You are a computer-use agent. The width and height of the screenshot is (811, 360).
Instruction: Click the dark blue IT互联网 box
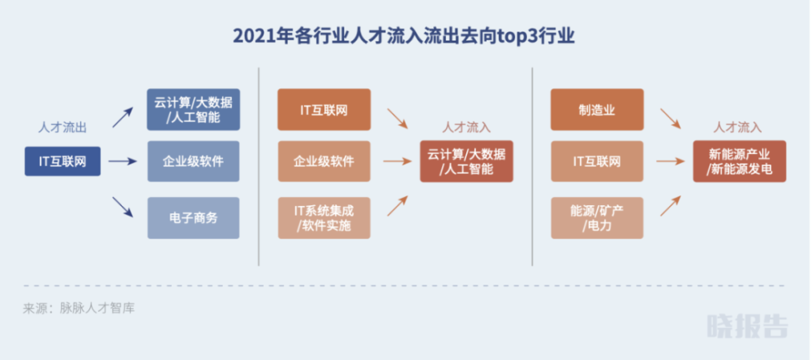(62, 161)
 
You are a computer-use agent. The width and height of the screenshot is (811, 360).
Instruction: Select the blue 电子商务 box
(194, 218)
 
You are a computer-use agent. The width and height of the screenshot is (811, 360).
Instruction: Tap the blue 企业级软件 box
(194, 161)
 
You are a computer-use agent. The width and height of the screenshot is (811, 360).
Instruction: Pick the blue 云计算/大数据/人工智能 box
(194, 109)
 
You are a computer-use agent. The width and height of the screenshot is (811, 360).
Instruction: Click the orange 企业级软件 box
(324, 161)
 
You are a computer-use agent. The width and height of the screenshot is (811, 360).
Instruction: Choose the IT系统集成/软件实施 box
(324, 218)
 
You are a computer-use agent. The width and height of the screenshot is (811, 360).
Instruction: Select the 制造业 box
(598, 109)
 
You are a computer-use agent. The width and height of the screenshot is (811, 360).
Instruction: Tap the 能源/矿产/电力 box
(598, 218)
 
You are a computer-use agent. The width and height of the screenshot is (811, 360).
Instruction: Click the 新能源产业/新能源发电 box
(740, 161)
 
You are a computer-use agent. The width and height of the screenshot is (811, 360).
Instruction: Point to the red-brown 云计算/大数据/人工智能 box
(466, 161)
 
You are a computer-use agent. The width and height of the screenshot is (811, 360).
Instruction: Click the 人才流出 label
(62, 128)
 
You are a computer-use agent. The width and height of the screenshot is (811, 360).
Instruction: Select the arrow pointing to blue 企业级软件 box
(122, 161)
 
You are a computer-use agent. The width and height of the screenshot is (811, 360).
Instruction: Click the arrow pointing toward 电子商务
(123, 208)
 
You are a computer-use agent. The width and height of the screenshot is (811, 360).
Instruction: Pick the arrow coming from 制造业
(671, 118)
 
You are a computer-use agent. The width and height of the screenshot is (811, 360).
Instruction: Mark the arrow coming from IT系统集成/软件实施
(397, 205)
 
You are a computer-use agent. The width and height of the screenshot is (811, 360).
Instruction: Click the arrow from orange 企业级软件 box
(397, 161)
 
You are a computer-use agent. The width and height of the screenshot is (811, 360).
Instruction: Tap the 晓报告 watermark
(748, 326)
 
